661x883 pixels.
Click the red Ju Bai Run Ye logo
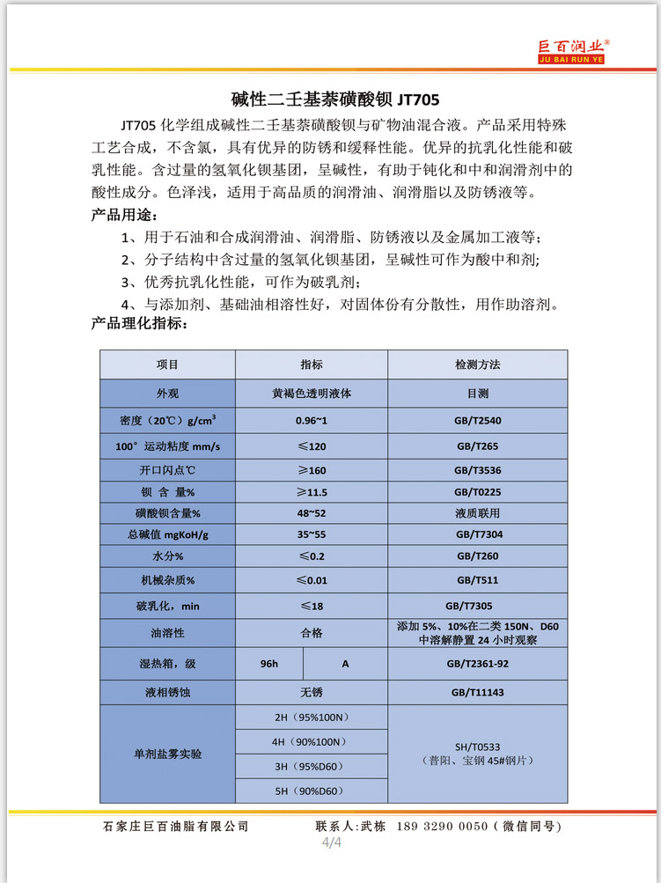click(x=574, y=52)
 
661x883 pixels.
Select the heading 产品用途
click(x=127, y=215)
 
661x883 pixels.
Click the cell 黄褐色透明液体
click(x=312, y=393)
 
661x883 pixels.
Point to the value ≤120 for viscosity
click(x=312, y=446)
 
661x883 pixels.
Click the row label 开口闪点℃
click(x=167, y=471)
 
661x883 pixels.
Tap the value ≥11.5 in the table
click(x=312, y=492)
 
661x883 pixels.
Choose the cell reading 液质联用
click(x=478, y=513)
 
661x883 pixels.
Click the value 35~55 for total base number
click(x=312, y=534)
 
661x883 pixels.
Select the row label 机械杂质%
click(x=167, y=580)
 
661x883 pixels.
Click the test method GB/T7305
click(x=478, y=606)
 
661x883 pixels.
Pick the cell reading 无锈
click(x=312, y=693)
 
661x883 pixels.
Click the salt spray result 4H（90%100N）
click(x=312, y=742)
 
